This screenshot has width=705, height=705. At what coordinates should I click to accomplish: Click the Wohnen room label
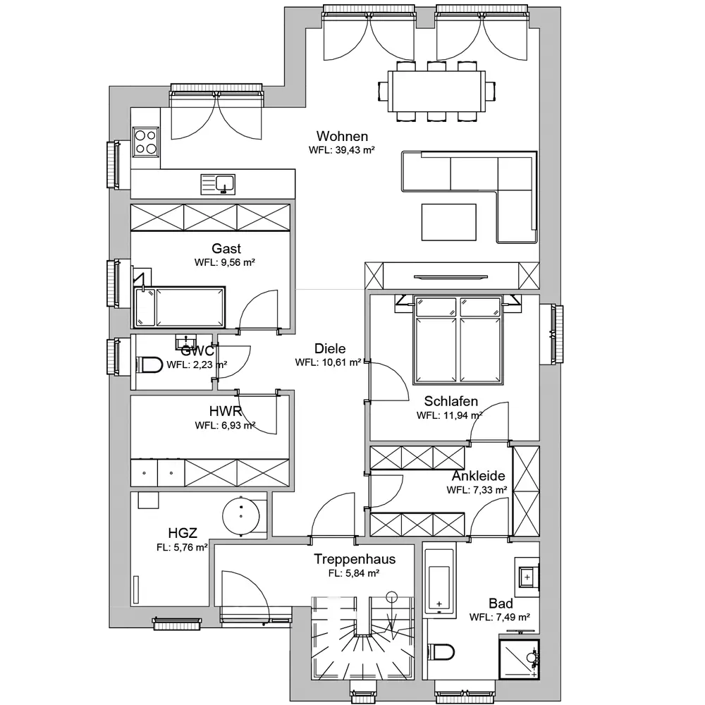point(342,136)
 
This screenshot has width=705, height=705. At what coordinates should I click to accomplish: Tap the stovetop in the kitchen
point(146,142)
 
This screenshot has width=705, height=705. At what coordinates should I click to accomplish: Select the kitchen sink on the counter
point(218,184)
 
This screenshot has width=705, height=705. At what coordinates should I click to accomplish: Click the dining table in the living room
point(436,91)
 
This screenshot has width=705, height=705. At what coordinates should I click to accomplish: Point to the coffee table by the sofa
point(448,222)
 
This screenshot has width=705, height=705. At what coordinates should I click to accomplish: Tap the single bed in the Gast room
point(179,307)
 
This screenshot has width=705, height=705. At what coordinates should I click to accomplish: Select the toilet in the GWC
point(149,364)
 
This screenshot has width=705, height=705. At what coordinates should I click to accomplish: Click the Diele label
point(330,348)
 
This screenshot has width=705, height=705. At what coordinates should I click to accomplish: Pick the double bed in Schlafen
point(458,341)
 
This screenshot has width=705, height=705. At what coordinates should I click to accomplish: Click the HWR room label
point(226,411)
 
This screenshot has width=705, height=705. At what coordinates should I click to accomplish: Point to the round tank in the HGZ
point(241,516)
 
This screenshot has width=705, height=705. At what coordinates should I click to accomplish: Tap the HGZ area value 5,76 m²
point(190,548)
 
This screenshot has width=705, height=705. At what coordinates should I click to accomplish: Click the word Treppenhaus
point(355,559)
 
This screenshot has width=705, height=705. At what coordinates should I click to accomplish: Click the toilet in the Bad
point(441,651)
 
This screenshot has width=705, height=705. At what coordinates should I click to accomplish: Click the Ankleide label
point(479,476)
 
